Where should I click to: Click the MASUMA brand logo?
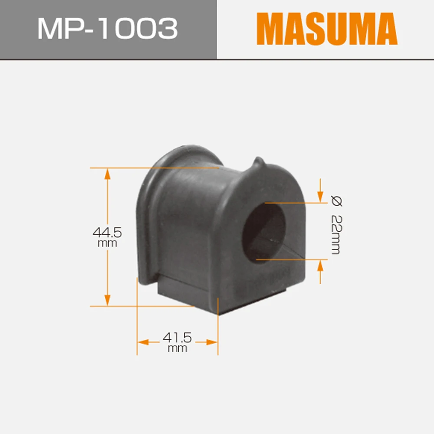pyautogui.click(x=326, y=29)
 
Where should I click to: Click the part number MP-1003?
pyautogui.click(x=107, y=29)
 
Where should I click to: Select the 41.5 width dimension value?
pyautogui.click(x=177, y=337)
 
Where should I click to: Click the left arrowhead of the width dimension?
pyautogui.click(x=143, y=342)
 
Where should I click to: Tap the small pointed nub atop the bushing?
pyautogui.click(x=258, y=163)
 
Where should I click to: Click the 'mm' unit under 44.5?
pyautogui.click(x=107, y=243)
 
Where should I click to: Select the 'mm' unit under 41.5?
pyautogui.click(x=177, y=348)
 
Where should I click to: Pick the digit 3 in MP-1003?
pyautogui.click(x=168, y=29)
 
